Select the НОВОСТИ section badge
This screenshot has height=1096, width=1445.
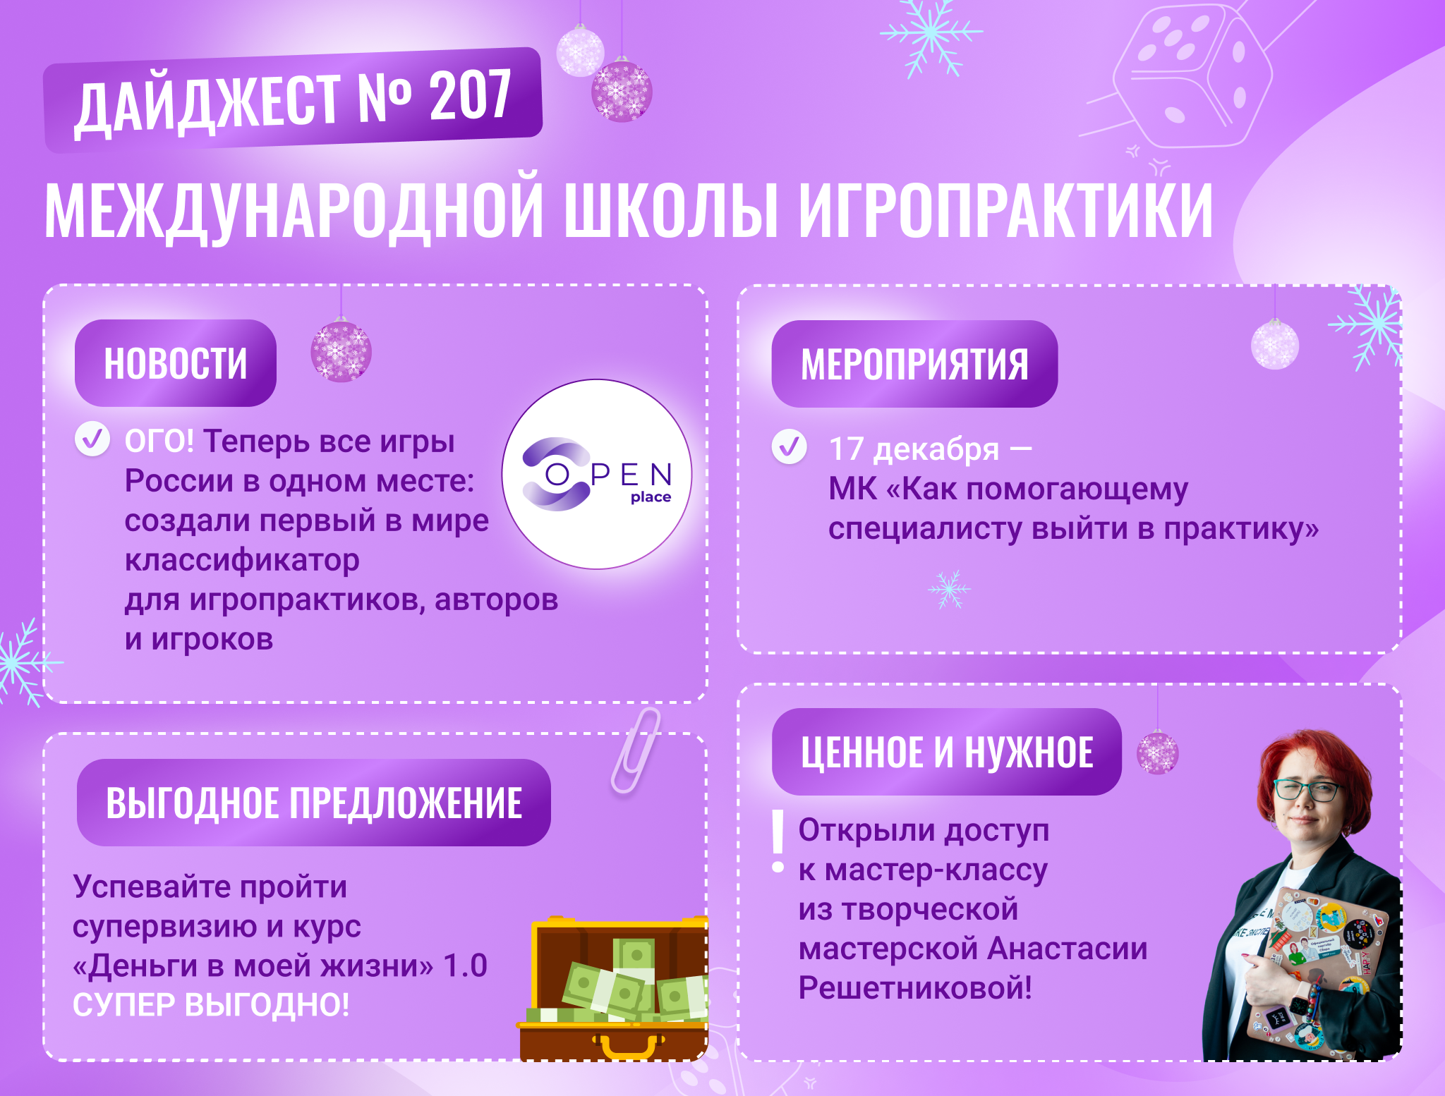(176, 363)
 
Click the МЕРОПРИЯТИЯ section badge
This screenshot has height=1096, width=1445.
(914, 364)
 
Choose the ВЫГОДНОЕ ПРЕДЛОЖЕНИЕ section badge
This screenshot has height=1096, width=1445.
(313, 803)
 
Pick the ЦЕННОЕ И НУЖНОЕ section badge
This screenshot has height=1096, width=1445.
(947, 752)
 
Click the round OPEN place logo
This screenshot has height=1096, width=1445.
(597, 474)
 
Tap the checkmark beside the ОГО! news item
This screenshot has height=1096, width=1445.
(92, 439)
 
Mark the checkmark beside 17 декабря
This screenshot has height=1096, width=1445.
(790, 446)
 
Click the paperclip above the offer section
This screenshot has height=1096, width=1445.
(636, 750)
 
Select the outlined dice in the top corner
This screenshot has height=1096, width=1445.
(1192, 74)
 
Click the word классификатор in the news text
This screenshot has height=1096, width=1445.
(242, 560)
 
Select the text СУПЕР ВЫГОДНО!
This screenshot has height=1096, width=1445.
(211, 1005)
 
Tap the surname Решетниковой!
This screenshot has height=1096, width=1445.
(915, 987)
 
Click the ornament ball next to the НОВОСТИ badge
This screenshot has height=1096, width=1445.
(341, 351)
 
